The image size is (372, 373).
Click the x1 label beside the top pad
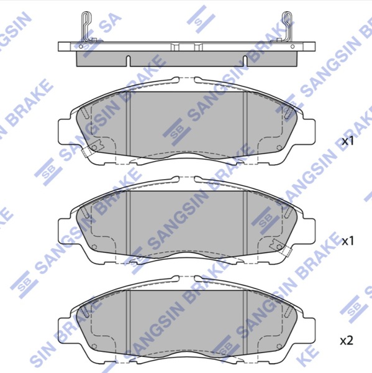(348, 141)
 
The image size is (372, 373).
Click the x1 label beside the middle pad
(348, 241)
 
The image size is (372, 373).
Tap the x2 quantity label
(347, 341)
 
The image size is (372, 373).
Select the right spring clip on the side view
(286, 27)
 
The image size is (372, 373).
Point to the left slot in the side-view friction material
(128, 61)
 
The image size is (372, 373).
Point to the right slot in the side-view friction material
(245, 61)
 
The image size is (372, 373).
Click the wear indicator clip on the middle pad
(281, 247)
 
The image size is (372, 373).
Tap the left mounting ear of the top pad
(65, 131)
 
